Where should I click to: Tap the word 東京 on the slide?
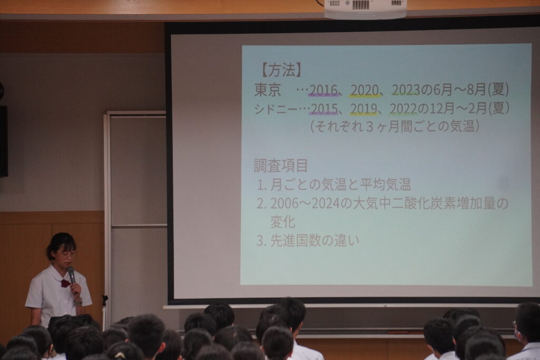pyautogui.click(x=268, y=90)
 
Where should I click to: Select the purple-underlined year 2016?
pyautogui.click(x=323, y=90)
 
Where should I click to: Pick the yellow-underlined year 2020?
pyautogui.click(x=365, y=90)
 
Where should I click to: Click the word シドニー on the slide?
pyautogui.click(x=275, y=109)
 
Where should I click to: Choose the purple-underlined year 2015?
pyautogui.click(x=324, y=109)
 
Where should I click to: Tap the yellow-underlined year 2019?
pyautogui.click(x=364, y=109)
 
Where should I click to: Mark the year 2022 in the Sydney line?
pyautogui.click(x=403, y=109)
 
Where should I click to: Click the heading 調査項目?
pyautogui.click(x=281, y=166)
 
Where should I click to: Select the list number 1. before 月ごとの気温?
pyautogui.click(x=262, y=185)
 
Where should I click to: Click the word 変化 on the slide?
pyautogui.click(x=283, y=222)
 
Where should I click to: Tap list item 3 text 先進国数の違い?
pyautogui.click(x=315, y=240)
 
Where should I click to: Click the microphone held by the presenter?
pyautogui.click(x=72, y=275)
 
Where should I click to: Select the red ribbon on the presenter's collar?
pyautogui.click(x=65, y=283)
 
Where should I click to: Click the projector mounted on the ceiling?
pyautogui.click(x=365, y=9)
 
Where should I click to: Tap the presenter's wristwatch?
pyautogui.click(x=78, y=303)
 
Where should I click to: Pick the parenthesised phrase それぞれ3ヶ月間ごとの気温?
pyautogui.click(x=395, y=127)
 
